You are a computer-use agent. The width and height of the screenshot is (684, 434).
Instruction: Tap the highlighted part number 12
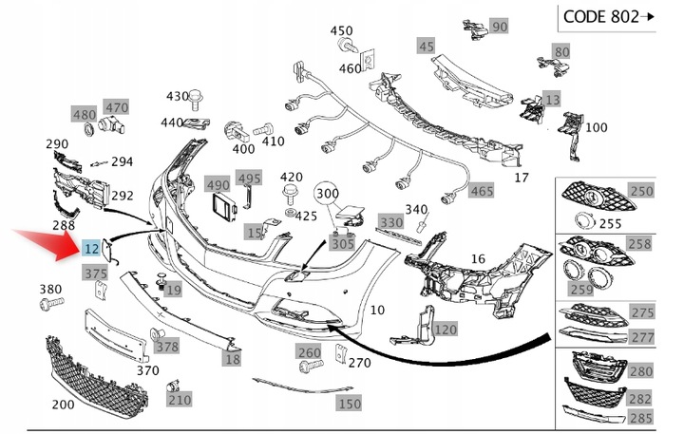pos(91,249)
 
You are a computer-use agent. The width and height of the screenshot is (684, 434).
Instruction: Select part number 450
pos(341,30)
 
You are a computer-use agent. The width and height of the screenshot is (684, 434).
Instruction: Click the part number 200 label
pos(63,405)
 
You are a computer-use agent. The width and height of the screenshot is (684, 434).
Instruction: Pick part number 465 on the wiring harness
pos(481,191)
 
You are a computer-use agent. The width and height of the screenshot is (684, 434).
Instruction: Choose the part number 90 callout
pos(499,26)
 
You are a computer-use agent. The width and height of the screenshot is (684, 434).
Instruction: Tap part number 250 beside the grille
pos(642,191)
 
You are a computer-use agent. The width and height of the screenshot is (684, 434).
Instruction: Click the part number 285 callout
pos(642,417)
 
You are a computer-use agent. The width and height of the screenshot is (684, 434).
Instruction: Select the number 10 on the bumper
pos(377,309)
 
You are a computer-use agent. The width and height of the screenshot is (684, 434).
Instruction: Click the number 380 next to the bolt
pos(50,289)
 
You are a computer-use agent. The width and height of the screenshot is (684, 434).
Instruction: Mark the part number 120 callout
pos(445,330)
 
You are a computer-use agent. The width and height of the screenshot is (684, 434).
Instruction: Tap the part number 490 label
pos(218,184)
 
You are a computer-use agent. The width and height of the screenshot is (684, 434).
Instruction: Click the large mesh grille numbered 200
pos(100,375)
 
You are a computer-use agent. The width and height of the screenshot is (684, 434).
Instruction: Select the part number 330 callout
pos(389,221)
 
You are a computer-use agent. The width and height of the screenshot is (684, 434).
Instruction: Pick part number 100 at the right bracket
pos(596,127)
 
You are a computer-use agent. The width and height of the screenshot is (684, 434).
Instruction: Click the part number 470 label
pos(116,107)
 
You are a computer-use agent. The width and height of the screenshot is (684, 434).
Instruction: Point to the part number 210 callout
pos(179,400)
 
